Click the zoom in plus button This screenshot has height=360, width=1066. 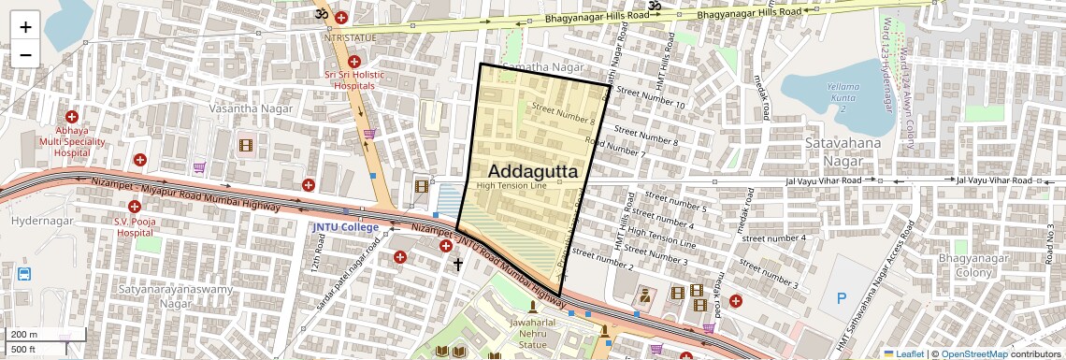pos(25,27)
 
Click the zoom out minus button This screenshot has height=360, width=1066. pos(25,54)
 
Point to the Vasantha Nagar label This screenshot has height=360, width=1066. pos(252,108)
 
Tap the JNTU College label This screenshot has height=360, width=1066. pos(346,227)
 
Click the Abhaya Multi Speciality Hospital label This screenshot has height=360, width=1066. pos(71,140)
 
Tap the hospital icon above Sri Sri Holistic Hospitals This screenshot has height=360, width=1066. pos(354,62)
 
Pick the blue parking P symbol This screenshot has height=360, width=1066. pos(841,298)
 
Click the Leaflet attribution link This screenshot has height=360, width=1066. pos(902,353)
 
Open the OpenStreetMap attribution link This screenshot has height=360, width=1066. pos(973,353)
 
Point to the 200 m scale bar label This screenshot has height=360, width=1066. pos(23,335)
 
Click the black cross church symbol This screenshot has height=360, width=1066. pos(458,265)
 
